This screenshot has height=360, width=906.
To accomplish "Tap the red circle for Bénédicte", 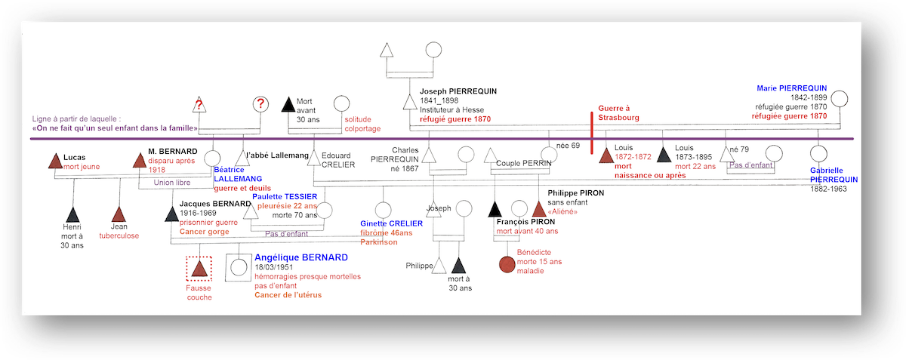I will click(x=507, y=264).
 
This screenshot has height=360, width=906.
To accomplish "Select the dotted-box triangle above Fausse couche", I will click(x=199, y=268).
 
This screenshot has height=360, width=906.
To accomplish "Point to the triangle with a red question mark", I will click(x=199, y=105).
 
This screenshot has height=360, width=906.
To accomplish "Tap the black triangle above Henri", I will click(x=72, y=215).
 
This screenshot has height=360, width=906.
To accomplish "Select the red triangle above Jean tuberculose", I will click(x=118, y=215).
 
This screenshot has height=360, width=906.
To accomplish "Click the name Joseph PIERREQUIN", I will click(x=458, y=91).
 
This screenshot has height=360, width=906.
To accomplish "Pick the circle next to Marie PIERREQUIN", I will click(x=840, y=100).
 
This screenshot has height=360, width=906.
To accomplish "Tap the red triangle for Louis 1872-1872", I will click(x=606, y=156).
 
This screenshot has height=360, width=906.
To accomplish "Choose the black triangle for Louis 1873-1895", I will click(x=664, y=155).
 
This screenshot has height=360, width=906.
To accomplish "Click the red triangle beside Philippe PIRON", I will click(x=539, y=209).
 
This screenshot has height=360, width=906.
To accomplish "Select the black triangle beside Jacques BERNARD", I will click(x=171, y=214).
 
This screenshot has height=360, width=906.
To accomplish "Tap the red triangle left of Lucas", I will click(x=54, y=161).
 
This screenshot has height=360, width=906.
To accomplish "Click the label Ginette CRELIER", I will click(x=391, y=224).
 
